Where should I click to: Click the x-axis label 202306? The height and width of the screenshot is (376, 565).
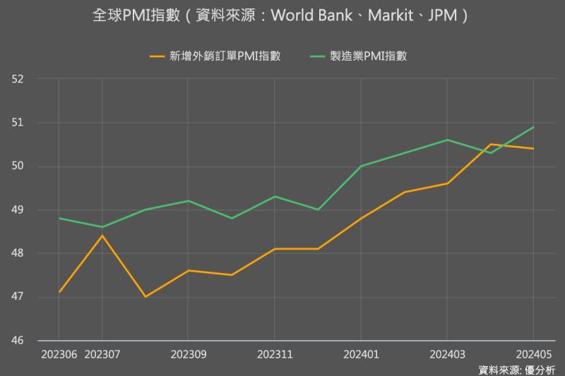[59, 353]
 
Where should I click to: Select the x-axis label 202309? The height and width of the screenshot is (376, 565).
[189, 353]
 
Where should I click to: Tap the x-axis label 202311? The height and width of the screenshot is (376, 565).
[275, 353]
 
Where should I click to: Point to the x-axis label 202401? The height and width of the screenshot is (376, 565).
[361, 353]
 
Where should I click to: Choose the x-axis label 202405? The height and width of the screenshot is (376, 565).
[533, 353]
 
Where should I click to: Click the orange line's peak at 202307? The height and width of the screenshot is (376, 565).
[102, 236]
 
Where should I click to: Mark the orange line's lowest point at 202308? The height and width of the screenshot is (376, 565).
[145, 297]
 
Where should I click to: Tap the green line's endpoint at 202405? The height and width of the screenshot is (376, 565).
[533, 127]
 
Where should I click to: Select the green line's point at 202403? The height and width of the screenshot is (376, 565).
[447, 140]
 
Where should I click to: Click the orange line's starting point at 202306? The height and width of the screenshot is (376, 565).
[59, 292]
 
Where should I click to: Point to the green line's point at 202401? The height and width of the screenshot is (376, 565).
[361, 166]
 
